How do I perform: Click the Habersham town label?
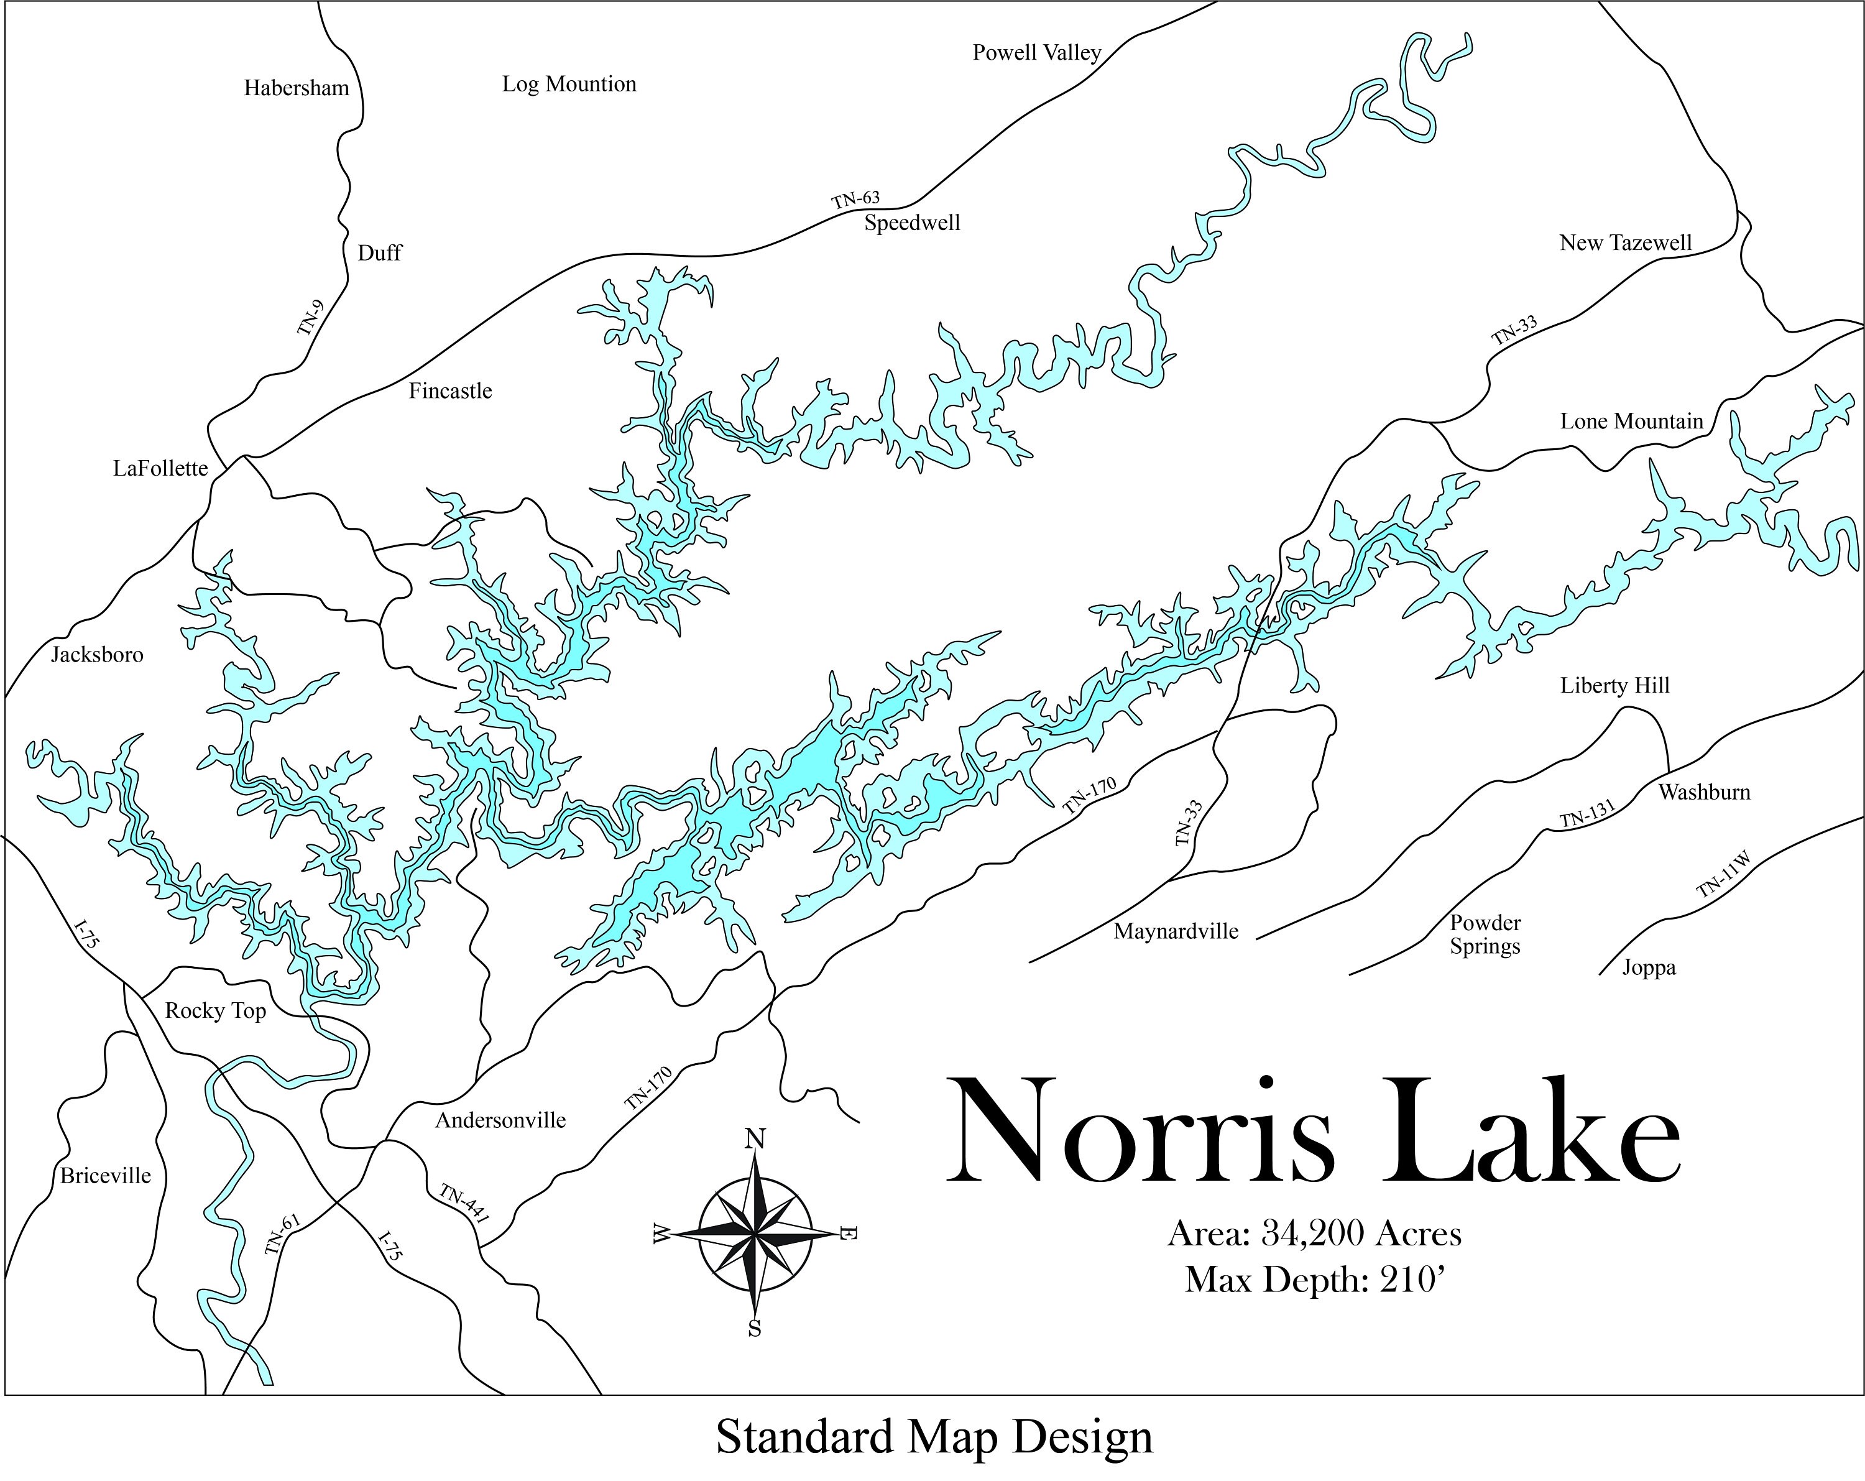click(x=296, y=88)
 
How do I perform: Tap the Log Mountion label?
click(x=569, y=84)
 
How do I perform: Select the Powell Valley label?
click(x=1036, y=53)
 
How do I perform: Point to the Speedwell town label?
click(x=912, y=223)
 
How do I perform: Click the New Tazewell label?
click(x=1626, y=243)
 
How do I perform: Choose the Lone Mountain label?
click(x=1631, y=422)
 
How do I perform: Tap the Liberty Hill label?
click(x=1614, y=686)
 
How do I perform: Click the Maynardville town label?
click(x=1176, y=931)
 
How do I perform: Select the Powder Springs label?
click(x=1485, y=934)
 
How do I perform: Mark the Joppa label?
click(x=1649, y=967)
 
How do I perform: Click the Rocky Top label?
click(x=215, y=1010)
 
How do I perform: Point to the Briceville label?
click(x=106, y=1176)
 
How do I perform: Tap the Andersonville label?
click(x=500, y=1120)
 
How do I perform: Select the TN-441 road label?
click(x=464, y=1204)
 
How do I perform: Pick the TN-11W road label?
click(x=1724, y=875)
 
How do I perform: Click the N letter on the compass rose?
click(x=755, y=1139)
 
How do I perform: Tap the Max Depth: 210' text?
click(x=1315, y=1280)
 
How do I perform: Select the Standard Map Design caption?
click(x=934, y=1437)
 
